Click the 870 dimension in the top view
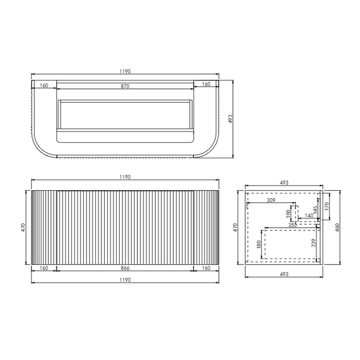click(125, 86)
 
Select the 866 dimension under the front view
click(125, 267)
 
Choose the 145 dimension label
click(314, 211)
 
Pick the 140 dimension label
click(309, 215)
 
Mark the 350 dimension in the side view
click(292, 225)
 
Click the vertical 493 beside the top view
click(231, 118)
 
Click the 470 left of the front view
click(23, 228)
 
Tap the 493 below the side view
click(283, 274)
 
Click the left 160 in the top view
click(44, 86)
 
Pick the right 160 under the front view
click(206, 267)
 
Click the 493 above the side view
click(283, 183)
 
